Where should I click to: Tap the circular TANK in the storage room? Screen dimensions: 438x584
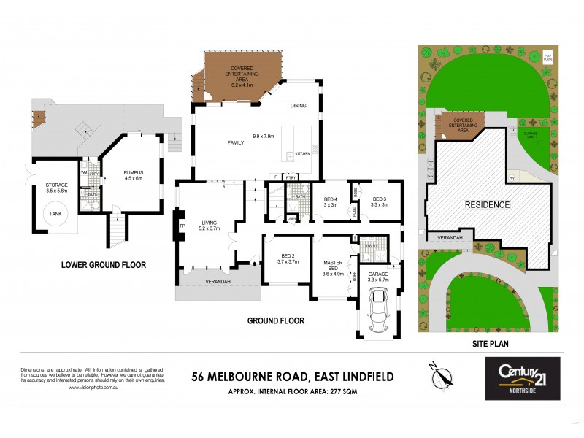pos(55,214)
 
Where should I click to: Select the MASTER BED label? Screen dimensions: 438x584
pos(333,264)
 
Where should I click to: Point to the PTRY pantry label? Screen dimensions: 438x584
pos(291,177)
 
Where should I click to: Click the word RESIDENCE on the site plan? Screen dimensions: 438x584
pos(487,205)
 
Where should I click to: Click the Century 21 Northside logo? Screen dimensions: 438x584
pos(523,378)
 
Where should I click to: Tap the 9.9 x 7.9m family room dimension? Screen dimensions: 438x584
pos(266,137)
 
